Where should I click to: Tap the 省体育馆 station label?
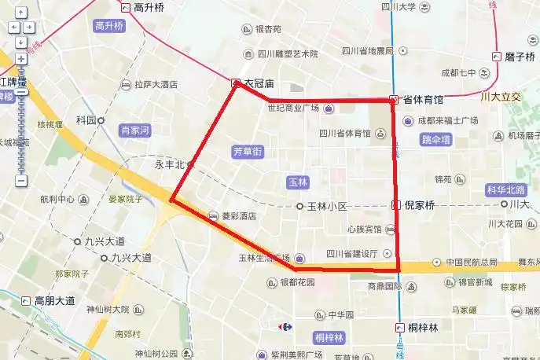pos(422,100)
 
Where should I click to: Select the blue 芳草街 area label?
pos(248,151)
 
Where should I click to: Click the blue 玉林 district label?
pos(298,182)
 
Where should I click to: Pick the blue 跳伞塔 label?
pos(436,140)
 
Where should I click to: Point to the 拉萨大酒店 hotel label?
pos(156,85)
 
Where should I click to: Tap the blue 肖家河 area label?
pos(134,130)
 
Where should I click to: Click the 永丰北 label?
pos(168,165)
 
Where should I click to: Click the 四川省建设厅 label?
pos(352,254)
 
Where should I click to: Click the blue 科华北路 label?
pos(506,190)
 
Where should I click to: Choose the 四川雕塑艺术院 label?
pos(287,54)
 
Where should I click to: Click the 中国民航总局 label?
pos(472,263)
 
